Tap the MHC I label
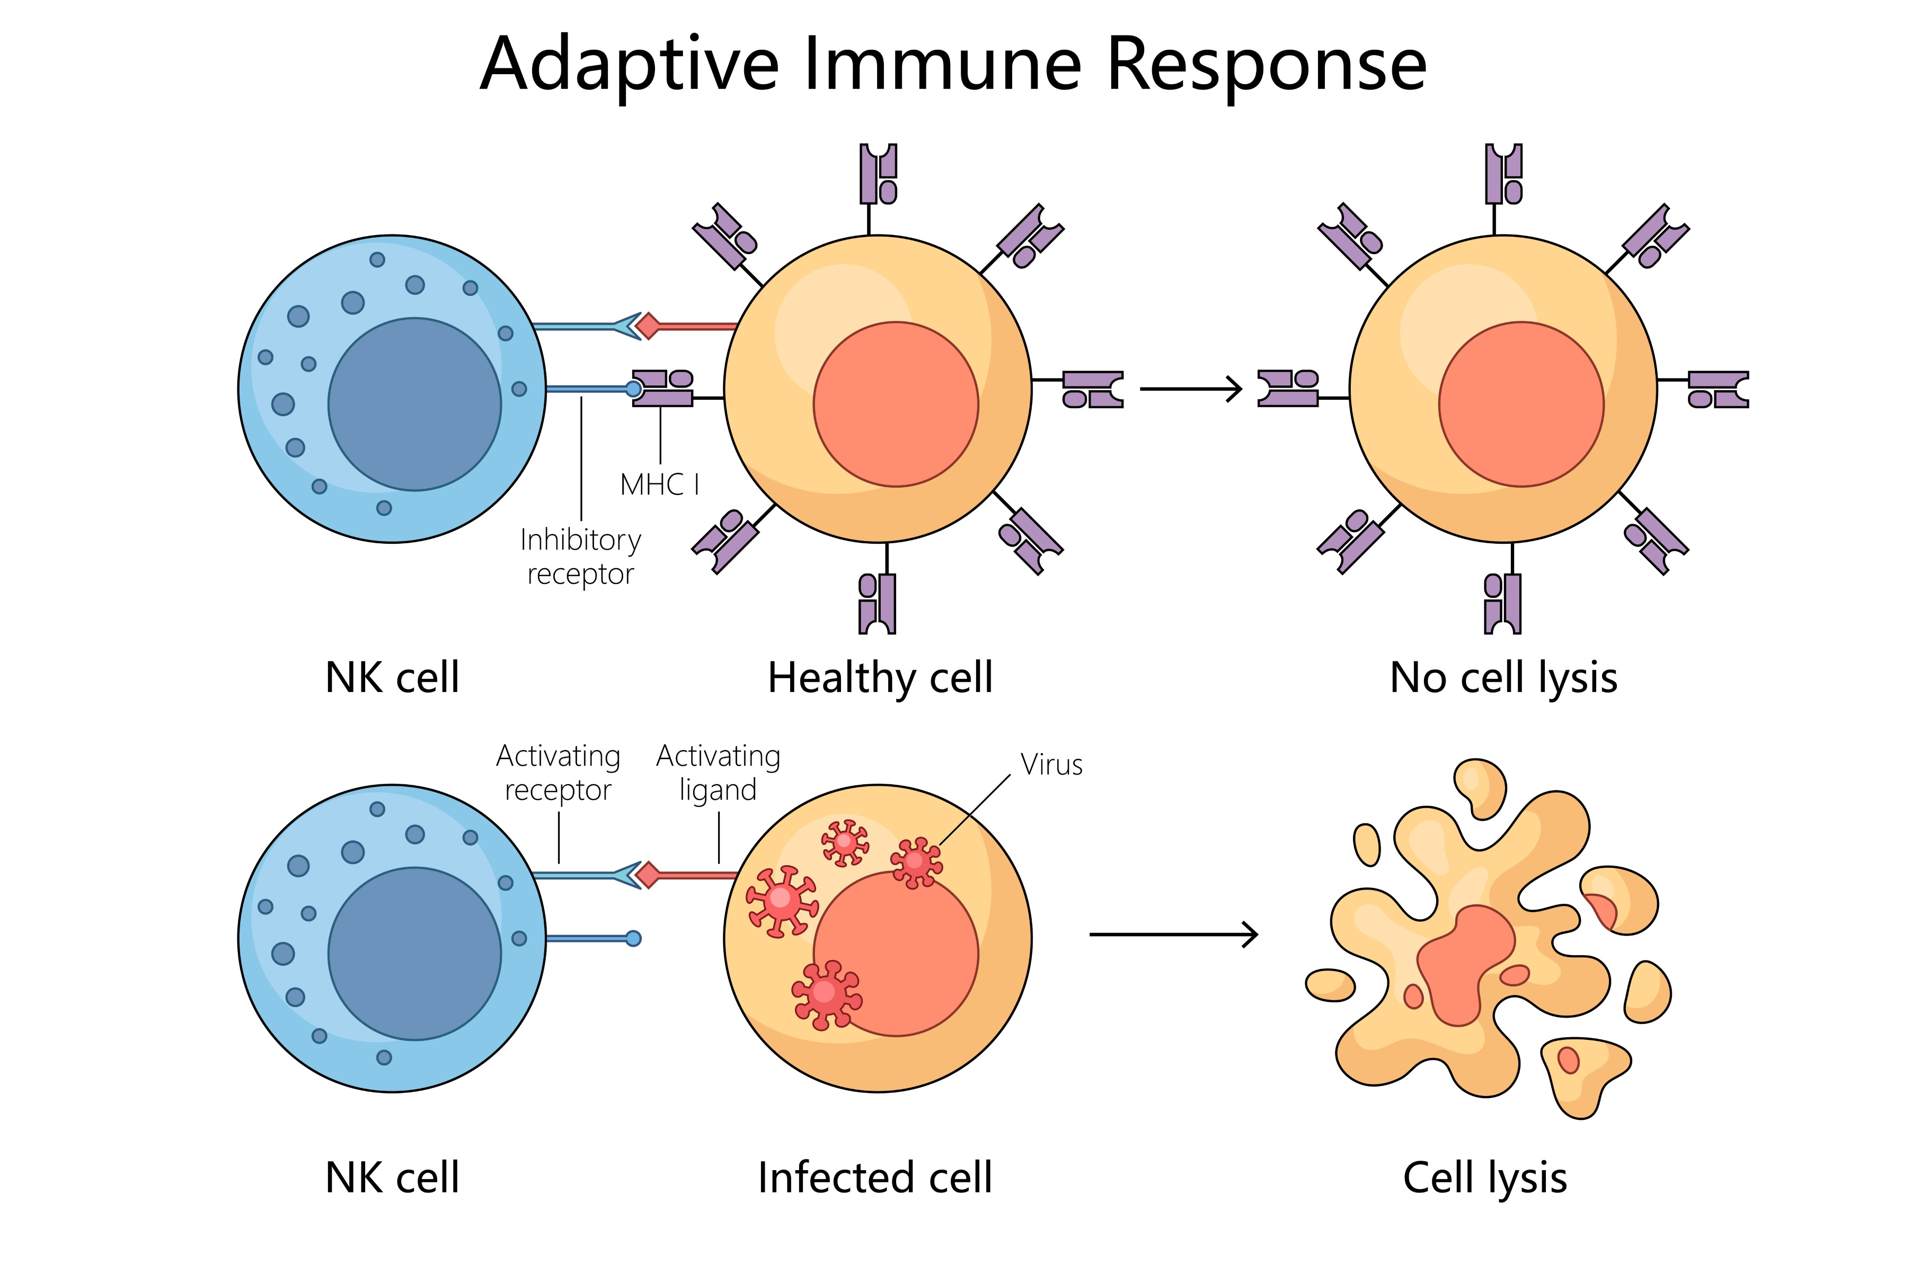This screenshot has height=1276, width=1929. point(660,485)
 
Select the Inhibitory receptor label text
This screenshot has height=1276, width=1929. point(581,556)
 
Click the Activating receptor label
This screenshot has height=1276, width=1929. point(559,772)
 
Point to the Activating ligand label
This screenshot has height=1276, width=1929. point(718,772)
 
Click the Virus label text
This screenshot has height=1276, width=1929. point(1051,765)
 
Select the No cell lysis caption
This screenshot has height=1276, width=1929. point(1503,678)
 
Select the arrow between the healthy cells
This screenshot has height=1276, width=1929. point(1190,389)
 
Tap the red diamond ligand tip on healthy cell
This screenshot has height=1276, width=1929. point(648,326)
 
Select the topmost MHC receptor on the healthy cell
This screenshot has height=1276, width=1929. point(879,173)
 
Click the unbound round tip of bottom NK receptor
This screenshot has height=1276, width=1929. point(633,938)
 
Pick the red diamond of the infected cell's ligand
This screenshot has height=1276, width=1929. point(648,876)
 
